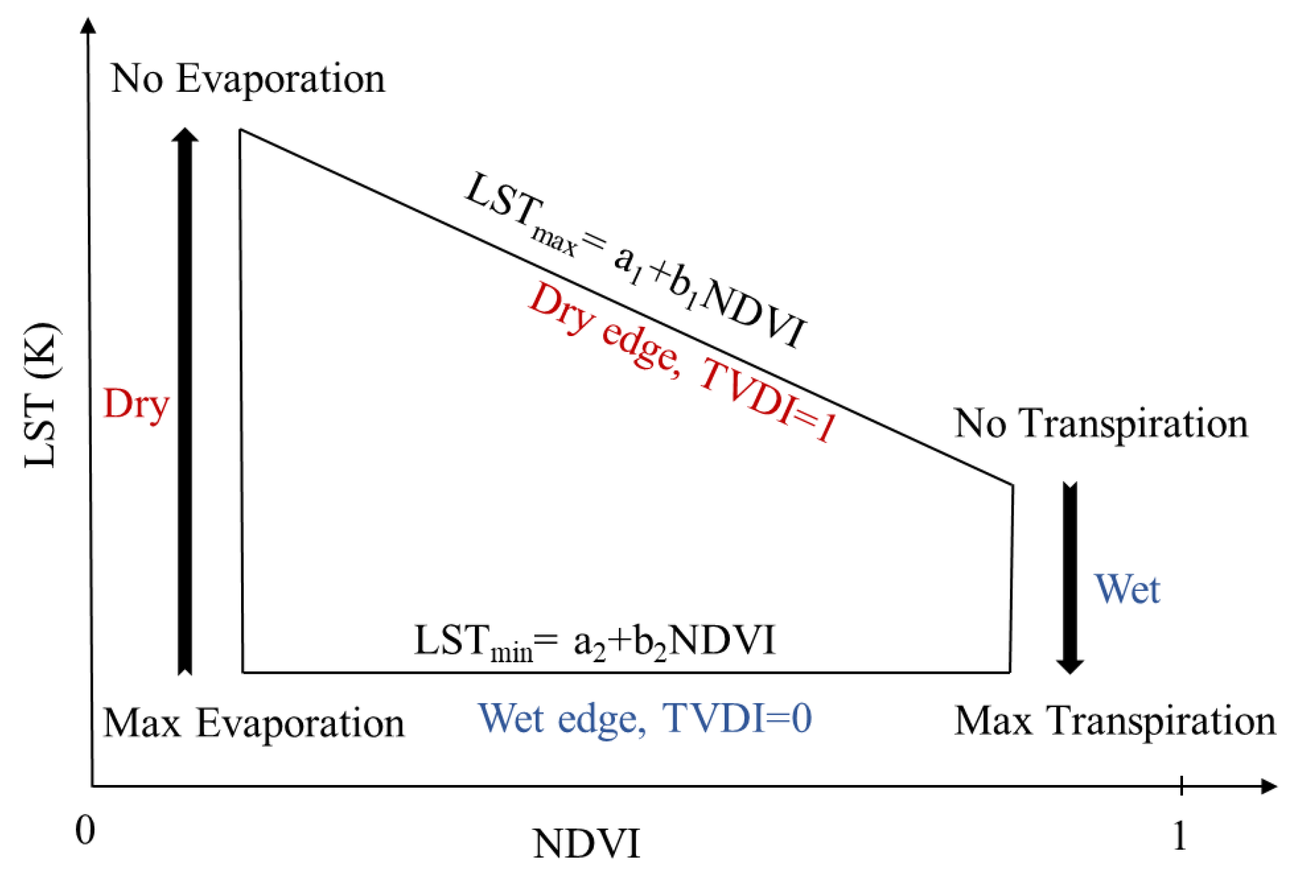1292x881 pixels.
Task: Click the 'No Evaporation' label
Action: point(248,78)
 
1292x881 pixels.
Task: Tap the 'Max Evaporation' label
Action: point(254,723)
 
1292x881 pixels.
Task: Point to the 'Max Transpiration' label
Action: point(1115,721)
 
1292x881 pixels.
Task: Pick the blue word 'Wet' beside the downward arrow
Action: point(1127,589)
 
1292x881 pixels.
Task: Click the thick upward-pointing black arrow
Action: point(185,400)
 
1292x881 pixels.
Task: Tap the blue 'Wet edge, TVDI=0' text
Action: point(645,719)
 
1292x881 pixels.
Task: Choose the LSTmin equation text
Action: point(594,641)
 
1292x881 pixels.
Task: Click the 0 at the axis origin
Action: point(85,830)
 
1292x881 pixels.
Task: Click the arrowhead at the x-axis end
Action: point(1269,787)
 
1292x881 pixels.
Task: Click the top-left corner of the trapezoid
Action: point(240,129)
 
